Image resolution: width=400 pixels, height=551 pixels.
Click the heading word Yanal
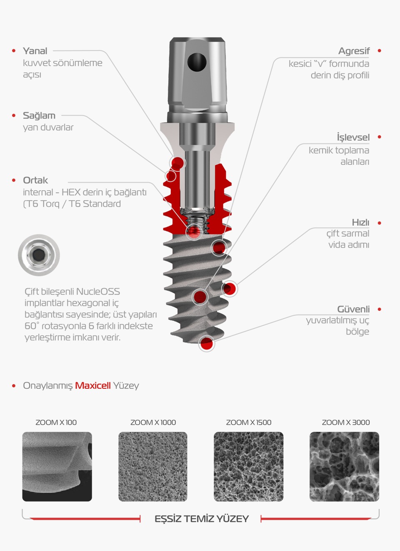coord(35,51)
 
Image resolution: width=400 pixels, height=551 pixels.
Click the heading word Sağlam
coord(39,116)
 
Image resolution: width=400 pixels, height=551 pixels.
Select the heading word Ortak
coord(35,180)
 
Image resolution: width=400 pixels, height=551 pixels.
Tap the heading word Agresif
coord(354,51)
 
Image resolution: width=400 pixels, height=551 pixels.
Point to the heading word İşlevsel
coord(353,137)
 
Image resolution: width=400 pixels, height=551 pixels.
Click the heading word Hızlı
coord(360,222)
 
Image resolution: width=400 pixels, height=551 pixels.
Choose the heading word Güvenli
coord(353,309)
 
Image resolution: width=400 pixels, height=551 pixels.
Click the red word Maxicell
coord(92,385)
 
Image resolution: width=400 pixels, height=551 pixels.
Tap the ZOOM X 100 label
coord(56,422)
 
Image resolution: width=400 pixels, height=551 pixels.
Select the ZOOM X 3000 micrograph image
coord(344,466)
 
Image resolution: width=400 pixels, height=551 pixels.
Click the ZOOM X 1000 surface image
coord(153,466)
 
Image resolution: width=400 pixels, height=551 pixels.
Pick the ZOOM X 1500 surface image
coord(248,466)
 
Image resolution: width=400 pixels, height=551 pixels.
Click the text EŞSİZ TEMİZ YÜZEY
coord(201,519)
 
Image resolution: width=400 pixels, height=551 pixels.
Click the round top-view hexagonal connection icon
coord(39,255)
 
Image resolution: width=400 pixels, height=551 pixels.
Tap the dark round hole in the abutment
coord(197,62)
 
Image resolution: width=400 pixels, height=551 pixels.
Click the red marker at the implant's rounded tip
coord(206,344)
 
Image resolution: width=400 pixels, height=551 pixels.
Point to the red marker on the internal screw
coord(194,231)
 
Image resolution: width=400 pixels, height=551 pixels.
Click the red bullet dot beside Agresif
coord(379,51)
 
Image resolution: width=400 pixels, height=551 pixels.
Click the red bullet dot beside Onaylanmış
coord(14,386)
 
